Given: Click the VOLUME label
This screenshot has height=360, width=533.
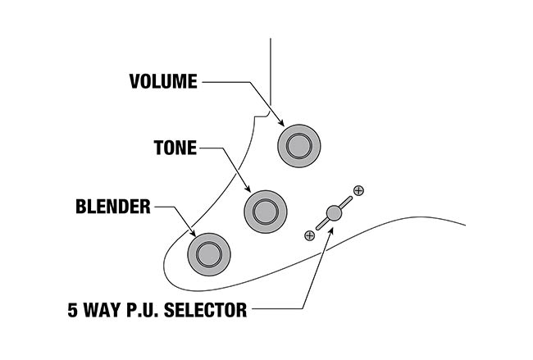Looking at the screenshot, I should (163, 81).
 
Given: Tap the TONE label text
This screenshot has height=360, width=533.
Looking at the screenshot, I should (175, 148).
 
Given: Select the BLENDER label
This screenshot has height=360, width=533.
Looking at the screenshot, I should (114, 207).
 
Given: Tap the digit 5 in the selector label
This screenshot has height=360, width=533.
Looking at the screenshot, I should (73, 310).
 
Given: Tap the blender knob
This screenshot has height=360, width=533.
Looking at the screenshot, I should (207, 252).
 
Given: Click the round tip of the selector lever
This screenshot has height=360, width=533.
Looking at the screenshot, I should (332, 212).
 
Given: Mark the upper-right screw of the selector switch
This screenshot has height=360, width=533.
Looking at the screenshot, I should (358, 190).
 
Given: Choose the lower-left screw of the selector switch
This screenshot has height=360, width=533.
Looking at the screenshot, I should (308, 235).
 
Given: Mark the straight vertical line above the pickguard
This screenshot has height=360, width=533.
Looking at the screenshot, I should (270, 66).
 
